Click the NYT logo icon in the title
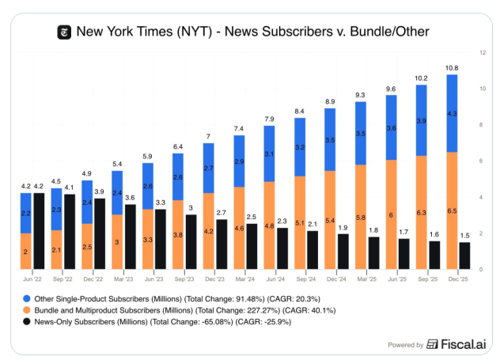(64, 32)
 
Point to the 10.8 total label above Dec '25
(452, 68)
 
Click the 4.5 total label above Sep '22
(56, 181)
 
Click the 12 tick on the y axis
(482, 52)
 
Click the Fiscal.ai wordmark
(464, 344)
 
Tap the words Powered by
(405, 344)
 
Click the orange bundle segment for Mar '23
(117, 242)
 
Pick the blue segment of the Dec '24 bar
(330, 139)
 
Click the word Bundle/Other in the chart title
(388, 32)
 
